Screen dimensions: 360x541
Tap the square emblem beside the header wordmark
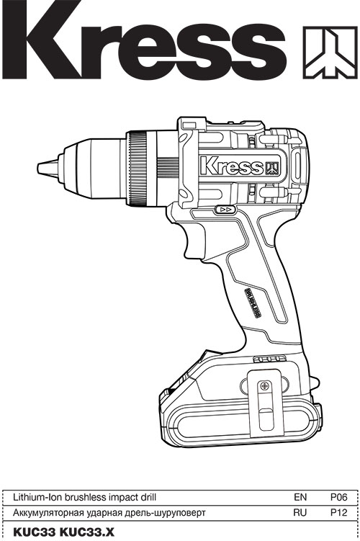330,52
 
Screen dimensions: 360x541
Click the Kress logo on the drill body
240,166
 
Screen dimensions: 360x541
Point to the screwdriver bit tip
48,169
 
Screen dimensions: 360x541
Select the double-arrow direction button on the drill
225,210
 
